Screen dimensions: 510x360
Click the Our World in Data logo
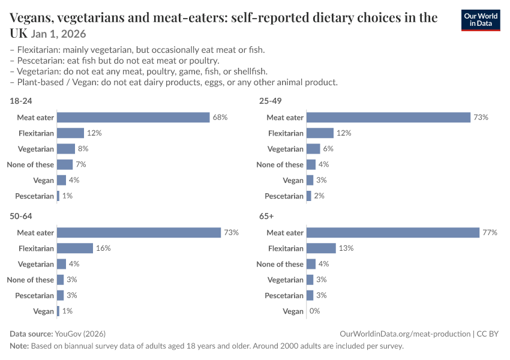481,20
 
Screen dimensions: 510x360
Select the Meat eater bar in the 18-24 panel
133,118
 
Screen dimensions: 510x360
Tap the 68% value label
220,118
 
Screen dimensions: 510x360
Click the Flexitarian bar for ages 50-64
75,248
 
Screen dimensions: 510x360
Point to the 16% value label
103,248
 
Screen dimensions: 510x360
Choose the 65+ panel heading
266,216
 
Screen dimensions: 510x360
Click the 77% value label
490,233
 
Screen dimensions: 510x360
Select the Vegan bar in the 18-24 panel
61,180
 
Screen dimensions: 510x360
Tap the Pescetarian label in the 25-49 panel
284,196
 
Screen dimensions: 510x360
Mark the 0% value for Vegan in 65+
315,311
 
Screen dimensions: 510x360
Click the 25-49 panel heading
270,101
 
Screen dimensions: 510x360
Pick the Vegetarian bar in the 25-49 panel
313,149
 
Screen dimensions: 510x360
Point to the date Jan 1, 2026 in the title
59,34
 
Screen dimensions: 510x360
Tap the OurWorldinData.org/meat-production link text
405,334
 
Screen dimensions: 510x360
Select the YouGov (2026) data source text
80,334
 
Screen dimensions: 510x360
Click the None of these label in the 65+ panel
280,264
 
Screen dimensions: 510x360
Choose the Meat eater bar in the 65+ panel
393,233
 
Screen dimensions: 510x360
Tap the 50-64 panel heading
21,216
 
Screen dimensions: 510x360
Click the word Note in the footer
19,346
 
